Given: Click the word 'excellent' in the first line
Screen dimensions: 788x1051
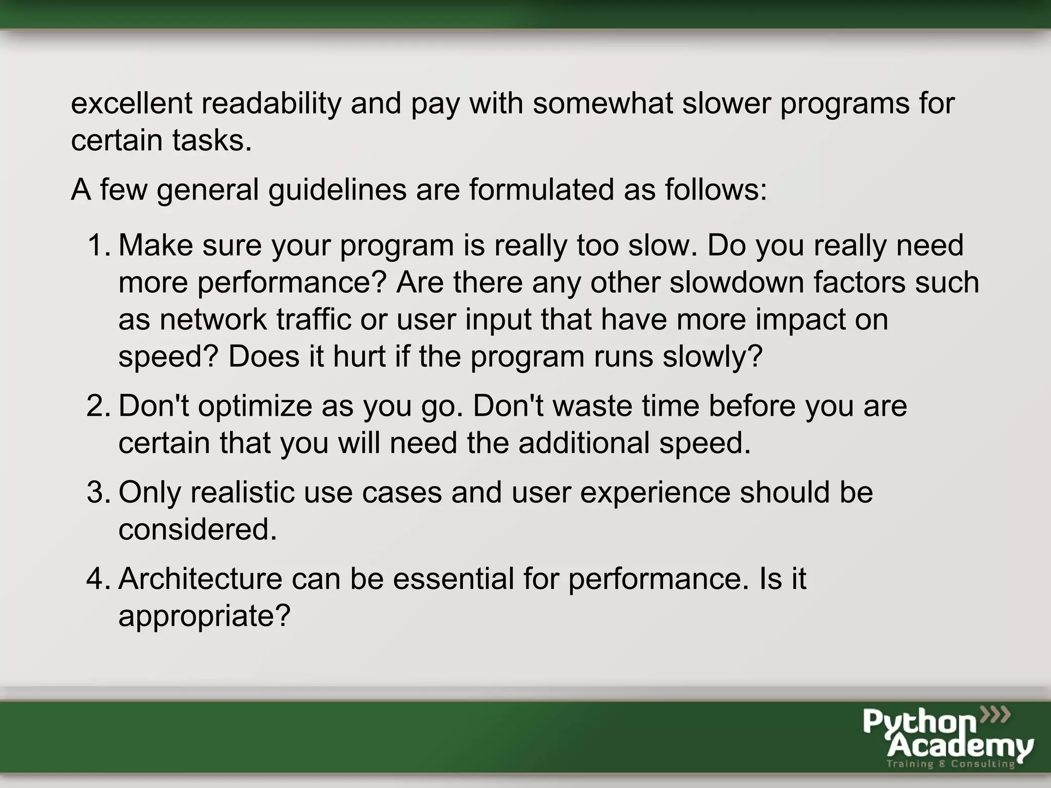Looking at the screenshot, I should tap(131, 103).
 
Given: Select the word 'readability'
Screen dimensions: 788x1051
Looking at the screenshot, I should tap(270, 104).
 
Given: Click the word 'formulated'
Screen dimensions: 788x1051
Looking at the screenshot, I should tap(541, 189).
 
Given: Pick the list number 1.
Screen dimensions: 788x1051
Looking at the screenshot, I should tap(98, 245).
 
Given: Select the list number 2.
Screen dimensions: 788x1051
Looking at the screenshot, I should tap(98, 406).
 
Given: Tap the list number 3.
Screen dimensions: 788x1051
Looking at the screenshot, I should tap(98, 492).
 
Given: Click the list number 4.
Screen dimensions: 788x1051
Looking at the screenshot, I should tap(98, 579).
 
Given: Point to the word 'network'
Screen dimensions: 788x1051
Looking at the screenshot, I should tap(213, 320).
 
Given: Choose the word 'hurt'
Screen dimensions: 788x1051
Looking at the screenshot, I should tap(359, 357).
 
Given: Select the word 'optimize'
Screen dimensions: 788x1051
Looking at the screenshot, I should tap(255, 407).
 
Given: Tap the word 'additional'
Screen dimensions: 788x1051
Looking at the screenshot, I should tap(584, 443).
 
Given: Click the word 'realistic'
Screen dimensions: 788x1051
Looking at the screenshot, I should tap(242, 492).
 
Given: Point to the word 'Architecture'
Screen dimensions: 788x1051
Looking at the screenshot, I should tap(200, 579).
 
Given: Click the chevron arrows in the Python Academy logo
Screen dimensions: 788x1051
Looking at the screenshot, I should tap(995, 714).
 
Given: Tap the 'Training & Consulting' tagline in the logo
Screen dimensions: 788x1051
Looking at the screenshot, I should tap(950, 764).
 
